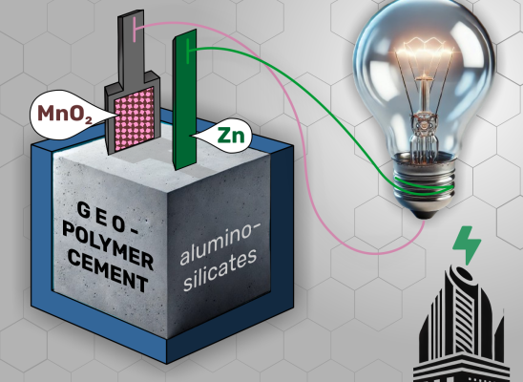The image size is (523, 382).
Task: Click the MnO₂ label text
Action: pos(65,114)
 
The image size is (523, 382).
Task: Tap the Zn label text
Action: pos(231,135)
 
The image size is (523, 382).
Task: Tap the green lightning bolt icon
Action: pos(467,244)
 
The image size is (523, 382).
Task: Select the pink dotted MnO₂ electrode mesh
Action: pos(134,118)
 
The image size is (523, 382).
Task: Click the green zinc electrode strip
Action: pos(184,99)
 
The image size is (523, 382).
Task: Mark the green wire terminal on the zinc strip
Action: pos(189,51)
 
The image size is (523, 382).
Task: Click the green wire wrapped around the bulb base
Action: pos(425,187)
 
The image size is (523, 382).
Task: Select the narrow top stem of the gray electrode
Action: pos(131,47)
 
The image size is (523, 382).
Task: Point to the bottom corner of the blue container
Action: pos(167,364)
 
